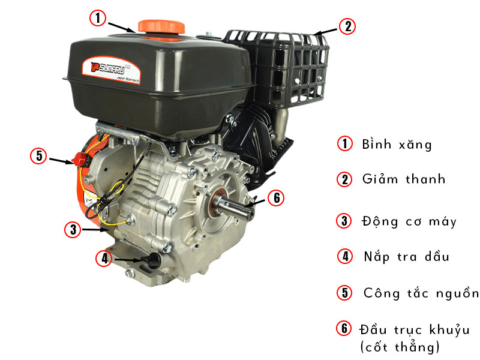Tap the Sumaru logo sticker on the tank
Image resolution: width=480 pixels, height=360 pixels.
111,70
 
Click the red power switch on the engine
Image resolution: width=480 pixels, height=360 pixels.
80,159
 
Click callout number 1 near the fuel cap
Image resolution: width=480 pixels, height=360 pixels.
98,18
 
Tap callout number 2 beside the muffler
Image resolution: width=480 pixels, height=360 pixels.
347,26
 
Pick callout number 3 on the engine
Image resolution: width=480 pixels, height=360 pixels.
73,229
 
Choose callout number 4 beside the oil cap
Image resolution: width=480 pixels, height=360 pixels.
104,258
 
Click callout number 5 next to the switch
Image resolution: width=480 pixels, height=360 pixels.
38,155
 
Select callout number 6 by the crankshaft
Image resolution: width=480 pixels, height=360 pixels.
276,198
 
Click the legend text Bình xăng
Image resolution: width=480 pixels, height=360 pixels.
397,144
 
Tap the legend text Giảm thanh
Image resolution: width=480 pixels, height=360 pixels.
404,179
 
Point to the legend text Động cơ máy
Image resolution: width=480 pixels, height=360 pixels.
409,221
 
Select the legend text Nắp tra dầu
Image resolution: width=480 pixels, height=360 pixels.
407,257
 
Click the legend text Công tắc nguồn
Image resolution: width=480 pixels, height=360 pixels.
421,293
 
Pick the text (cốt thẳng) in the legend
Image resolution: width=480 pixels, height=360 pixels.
400,347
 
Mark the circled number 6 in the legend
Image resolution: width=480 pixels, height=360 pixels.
344,328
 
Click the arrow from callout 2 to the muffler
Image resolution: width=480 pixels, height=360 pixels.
325,32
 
